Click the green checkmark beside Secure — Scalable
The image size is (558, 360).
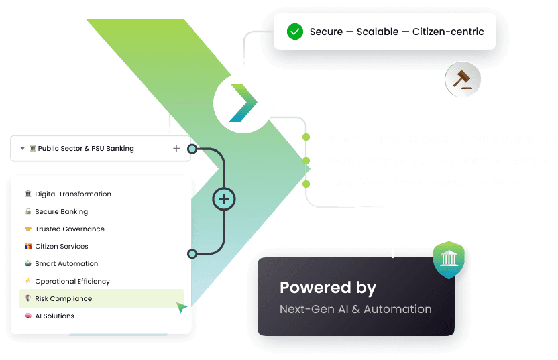point(294,32)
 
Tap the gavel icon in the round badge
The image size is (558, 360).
point(463,79)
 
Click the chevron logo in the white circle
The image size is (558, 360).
point(243,103)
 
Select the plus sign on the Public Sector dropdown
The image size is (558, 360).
point(176,148)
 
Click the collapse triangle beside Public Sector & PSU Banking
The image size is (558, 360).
point(23,149)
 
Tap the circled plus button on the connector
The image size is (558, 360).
point(224,199)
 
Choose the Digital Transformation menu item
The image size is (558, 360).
point(73,194)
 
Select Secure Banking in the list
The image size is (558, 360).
point(62,212)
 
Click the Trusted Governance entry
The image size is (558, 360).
point(70,229)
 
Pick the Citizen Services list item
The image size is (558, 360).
point(62,247)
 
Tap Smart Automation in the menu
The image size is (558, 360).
point(66,264)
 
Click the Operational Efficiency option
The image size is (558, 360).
point(72,282)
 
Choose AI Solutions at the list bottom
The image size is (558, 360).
point(54,316)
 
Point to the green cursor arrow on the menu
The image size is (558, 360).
point(181,308)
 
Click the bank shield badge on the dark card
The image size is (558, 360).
point(449,260)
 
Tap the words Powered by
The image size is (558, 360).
point(328,288)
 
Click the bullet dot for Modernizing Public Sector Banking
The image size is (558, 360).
point(306,137)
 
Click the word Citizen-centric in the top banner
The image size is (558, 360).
point(448,32)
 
